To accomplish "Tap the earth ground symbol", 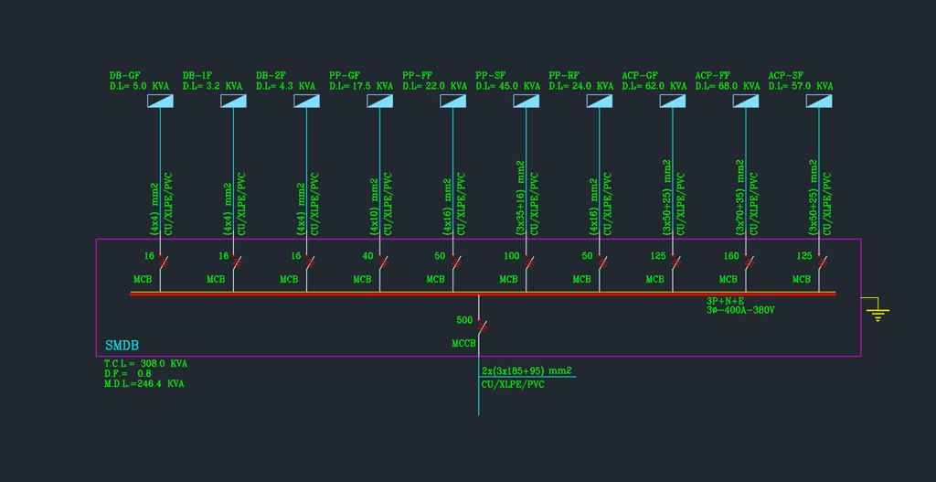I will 878,313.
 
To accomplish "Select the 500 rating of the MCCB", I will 464,320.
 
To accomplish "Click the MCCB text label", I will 464,343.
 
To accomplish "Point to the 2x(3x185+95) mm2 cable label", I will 526,370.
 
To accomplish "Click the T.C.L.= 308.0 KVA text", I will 145,363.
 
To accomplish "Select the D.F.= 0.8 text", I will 128,373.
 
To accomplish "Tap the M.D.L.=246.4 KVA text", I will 144,384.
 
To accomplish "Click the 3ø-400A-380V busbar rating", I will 740,310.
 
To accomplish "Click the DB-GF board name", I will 124,75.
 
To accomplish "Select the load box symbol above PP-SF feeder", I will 526,101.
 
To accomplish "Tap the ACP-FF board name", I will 712,75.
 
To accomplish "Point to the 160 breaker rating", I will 731,256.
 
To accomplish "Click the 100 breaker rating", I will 512,256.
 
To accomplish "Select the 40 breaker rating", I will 367,256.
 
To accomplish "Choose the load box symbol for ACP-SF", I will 819,101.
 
